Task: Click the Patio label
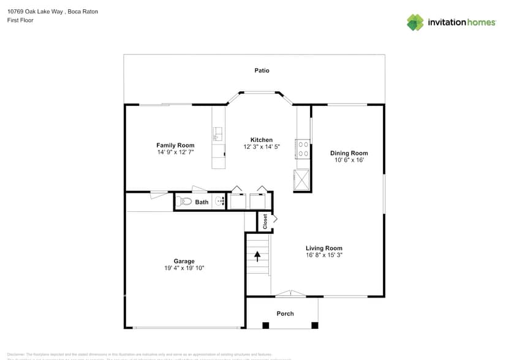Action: (262, 70)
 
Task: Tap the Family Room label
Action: (175, 145)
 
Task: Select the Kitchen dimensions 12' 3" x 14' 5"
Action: (262, 147)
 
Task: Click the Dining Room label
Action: (349, 153)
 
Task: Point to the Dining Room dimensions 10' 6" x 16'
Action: (349, 160)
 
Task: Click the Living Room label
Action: (324, 248)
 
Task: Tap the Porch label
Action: (285, 313)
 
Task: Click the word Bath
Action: (202, 202)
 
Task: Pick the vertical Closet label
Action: (265, 221)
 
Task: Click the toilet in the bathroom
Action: (186, 201)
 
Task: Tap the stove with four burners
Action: (303, 149)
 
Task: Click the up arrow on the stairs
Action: (258, 255)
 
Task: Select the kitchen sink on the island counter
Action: (217, 133)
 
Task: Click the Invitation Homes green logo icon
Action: (415, 22)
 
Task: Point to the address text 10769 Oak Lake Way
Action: (37, 12)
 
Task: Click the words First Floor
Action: (20, 20)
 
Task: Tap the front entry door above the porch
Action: (290, 294)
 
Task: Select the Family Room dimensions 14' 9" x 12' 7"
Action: (175, 152)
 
